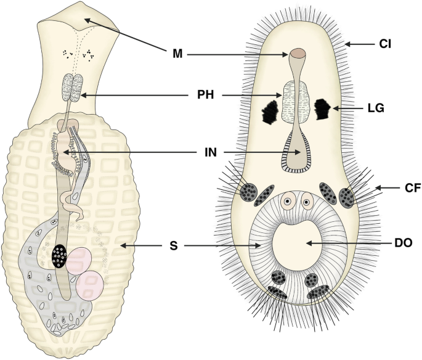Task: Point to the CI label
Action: pyautogui.click(x=386, y=44)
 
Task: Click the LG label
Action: pyautogui.click(x=375, y=108)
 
